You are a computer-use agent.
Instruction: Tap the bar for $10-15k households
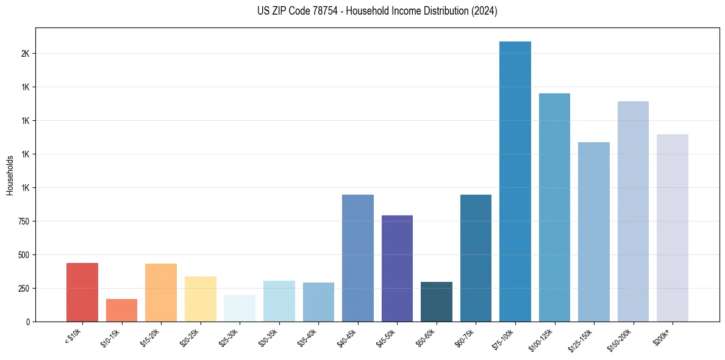121,310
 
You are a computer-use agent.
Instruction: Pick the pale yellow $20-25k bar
200,298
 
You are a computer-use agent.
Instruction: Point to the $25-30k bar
240,308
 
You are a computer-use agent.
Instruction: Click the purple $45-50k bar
397,268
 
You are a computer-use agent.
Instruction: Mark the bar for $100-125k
554,207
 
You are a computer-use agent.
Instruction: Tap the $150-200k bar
633,211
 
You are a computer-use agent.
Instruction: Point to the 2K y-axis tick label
25,54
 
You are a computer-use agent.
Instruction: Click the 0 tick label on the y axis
27,322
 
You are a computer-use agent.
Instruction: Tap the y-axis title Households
10,175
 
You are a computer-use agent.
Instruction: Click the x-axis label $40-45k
346,337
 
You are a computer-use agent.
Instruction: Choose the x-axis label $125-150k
581,339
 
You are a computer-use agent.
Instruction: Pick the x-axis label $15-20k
149,337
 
